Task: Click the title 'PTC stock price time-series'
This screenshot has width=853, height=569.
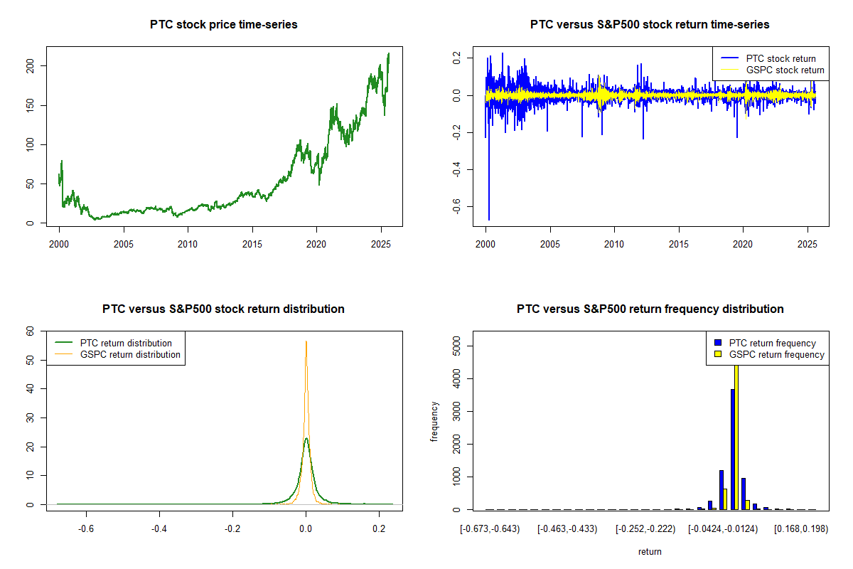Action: click(223, 25)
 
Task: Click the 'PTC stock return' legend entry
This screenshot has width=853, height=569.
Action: click(780, 58)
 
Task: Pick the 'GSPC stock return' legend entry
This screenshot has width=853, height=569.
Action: click(785, 70)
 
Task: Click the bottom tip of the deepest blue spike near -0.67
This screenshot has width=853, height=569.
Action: click(488, 220)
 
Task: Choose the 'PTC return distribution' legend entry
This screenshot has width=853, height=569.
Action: click(126, 343)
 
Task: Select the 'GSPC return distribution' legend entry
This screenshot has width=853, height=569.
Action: click(130, 354)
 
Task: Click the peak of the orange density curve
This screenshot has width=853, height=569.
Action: click(306, 341)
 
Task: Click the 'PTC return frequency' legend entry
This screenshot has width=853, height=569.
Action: click(772, 343)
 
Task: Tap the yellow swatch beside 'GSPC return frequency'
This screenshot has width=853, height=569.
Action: click(718, 354)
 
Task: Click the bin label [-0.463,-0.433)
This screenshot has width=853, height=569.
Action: click(567, 529)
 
